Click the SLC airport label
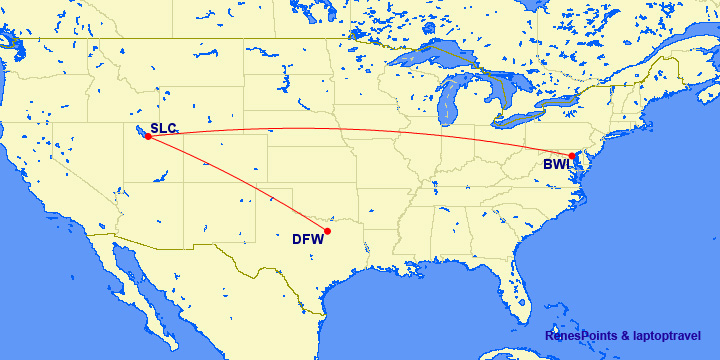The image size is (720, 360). [163, 128]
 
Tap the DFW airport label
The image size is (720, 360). [308, 238]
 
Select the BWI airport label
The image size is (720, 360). [556, 165]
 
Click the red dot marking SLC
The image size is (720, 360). [148, 137]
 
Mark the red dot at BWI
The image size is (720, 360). [572, 156]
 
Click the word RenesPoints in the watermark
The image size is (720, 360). [581, 336]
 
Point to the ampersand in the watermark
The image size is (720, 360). [624, 336]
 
